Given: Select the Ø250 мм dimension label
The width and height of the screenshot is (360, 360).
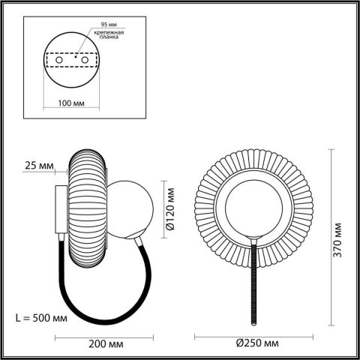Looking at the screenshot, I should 257,343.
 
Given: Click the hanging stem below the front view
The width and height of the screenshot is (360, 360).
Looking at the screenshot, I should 255,285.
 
